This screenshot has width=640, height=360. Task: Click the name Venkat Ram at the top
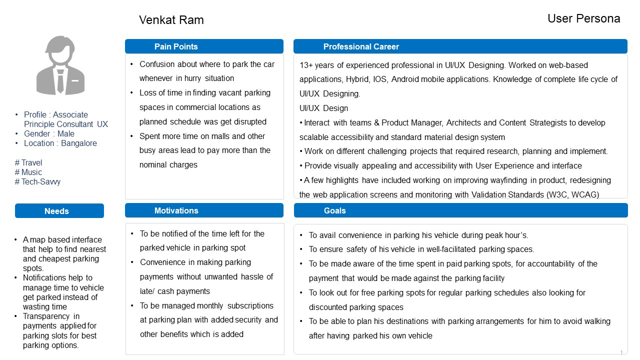coord(171,20)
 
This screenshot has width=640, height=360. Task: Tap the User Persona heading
coord(583,18)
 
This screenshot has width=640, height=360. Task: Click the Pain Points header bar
coord(204,46)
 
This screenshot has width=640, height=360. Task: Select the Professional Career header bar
coord(460,46)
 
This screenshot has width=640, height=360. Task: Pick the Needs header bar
coord(59,211)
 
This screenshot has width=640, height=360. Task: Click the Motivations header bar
coord(204,210)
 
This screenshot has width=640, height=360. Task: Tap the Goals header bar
coord(460,210)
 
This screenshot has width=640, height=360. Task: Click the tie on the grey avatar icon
coord(60,81)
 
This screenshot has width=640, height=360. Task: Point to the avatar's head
coord(60,50)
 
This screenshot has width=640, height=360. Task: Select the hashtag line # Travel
coord(28,162)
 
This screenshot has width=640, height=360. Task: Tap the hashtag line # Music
coord(28,172)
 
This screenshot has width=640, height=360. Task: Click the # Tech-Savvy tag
coord(37,181)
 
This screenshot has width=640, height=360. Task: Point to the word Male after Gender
coord(66,133)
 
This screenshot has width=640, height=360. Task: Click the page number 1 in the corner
coord(621,352)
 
